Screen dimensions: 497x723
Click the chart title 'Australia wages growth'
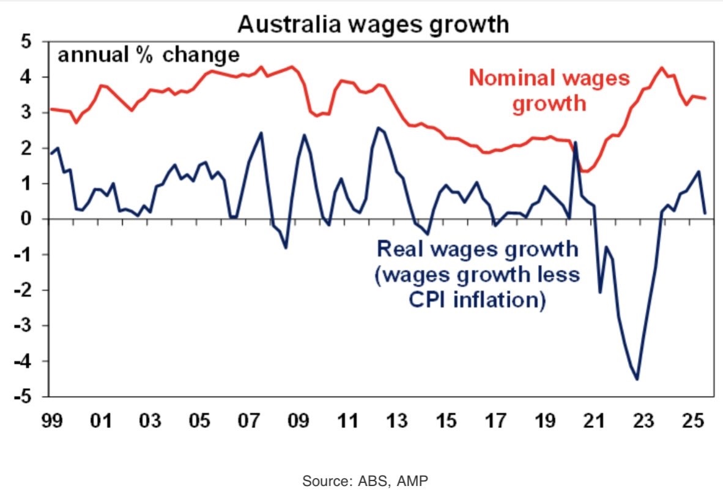(x=373, y=24)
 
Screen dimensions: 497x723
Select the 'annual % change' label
(x=149, y=55)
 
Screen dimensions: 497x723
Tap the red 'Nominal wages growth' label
(x=549, y=91)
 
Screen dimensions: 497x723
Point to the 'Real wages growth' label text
(x=478, y=250)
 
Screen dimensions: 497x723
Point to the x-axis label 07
(x=248, y=422)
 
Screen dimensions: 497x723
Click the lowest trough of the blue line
(x=637, y=379)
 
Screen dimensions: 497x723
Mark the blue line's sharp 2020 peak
(x=576, y=143)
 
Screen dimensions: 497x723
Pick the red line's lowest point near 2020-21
(x=585, y=171)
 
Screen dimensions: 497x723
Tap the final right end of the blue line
(x=705, y=213)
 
